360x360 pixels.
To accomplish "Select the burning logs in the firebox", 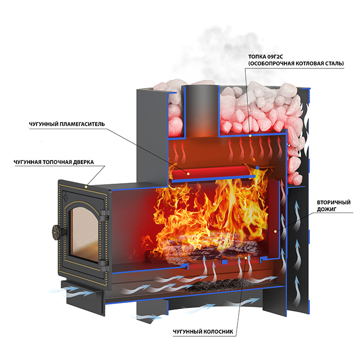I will click(206, 252).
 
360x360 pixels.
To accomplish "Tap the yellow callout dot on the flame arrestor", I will click(188, 174).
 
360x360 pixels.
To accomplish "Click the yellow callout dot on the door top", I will click(88, 185).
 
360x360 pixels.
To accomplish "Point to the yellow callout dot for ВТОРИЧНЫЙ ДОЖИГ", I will click(276, 232).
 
